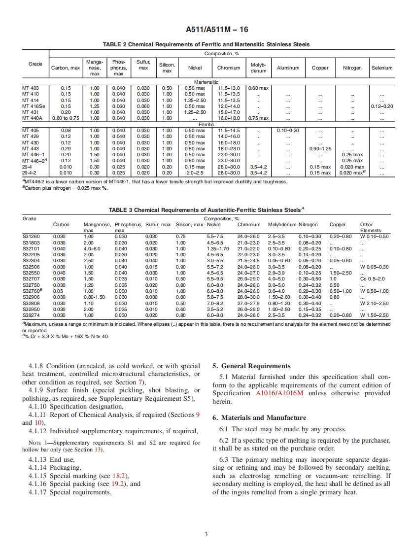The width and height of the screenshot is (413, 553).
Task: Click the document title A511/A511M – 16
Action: (x=206, y=30)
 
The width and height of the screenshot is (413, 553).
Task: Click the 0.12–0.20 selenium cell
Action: (x=381, y=105)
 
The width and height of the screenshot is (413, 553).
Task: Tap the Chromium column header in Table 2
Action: (x=229, y=68)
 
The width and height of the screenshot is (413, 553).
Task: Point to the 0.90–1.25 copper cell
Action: (x=320, y=148)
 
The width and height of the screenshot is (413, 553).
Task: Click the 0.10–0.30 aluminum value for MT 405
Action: (x=288, y=130)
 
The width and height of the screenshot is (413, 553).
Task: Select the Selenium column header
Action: (x=381, y=68)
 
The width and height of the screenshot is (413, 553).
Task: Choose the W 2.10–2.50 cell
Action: (x=375, y=303)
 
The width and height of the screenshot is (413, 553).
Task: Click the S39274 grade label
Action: (x=31, y=315)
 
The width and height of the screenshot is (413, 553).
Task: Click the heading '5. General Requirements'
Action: (x=251, y=366)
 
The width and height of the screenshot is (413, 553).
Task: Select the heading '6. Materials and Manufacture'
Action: (x=259, y=417)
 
